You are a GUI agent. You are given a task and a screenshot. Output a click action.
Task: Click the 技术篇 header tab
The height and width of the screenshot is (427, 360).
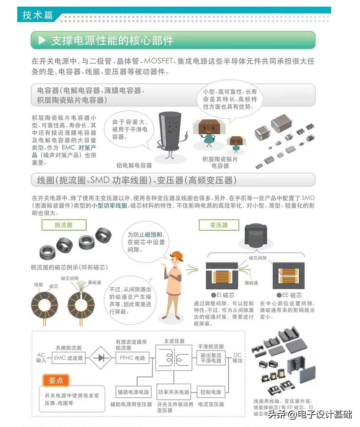(37, 15)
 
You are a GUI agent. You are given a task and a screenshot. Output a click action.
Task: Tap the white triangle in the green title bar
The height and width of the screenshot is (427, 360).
(42, 40)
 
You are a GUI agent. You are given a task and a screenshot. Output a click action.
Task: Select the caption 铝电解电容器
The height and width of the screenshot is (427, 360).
(134, 165)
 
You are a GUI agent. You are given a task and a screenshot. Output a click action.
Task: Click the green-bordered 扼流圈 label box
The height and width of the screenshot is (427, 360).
(64, 225)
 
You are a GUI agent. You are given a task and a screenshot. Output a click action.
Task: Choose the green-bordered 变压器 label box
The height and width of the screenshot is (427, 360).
(219, 225)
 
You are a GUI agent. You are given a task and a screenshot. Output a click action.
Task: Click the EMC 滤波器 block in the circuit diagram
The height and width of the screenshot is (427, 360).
(68, 358)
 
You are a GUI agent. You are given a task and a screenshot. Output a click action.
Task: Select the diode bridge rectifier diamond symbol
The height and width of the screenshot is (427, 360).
(101, 358)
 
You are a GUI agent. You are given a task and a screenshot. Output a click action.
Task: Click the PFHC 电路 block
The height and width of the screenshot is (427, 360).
(132, 358)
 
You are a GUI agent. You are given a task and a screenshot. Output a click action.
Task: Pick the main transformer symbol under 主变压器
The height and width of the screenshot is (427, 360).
(174, 358)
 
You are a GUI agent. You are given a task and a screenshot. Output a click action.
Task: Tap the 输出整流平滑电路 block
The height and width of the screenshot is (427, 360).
(211, 358)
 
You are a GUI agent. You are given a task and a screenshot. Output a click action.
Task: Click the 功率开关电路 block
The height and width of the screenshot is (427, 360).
(174, 392)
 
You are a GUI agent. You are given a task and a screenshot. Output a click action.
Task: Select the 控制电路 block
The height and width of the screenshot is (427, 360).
(211, 392)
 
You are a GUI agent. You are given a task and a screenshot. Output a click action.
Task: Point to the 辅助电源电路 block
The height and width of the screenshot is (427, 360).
(133, 392)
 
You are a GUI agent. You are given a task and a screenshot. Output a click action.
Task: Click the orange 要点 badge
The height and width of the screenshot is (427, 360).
(56, 381)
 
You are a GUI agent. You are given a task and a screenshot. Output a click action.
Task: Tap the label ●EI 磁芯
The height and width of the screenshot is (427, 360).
(223, 295)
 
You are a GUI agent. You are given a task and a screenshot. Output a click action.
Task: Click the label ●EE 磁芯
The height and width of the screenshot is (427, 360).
(289, 295)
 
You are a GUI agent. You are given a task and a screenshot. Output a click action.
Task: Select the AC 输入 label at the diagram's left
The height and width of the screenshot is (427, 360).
(41, 358)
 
